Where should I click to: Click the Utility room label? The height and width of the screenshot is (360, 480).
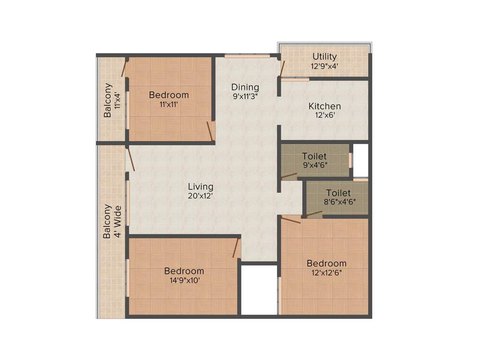(x=324, y=57)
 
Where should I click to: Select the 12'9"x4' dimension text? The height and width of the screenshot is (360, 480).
(x=324, y=66)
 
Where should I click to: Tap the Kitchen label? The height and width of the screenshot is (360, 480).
(x=324, y=106)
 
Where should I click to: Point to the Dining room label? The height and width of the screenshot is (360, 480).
(x=245, y=87)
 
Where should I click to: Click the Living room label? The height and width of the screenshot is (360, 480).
(x=201, y=187)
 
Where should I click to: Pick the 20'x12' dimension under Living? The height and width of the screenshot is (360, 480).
(x=201, y=196)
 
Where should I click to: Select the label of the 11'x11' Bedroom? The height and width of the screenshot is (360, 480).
(x=169, y=95)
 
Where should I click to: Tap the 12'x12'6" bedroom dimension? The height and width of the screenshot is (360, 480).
(x=327, y=272)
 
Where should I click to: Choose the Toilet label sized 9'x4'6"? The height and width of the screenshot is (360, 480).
(x=314, y=156)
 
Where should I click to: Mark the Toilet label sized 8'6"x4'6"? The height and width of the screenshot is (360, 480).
(x=338, y=193)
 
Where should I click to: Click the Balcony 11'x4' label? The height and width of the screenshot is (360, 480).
(x=108, y=100)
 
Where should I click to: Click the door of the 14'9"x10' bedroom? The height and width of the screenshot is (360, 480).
(x=237, y=247)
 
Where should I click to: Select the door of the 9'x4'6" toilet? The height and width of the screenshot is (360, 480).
(x=289, y=176)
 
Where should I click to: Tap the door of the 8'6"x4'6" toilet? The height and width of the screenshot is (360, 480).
(x=314, y=214)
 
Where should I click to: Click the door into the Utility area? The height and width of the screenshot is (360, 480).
(x=282, y=68)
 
